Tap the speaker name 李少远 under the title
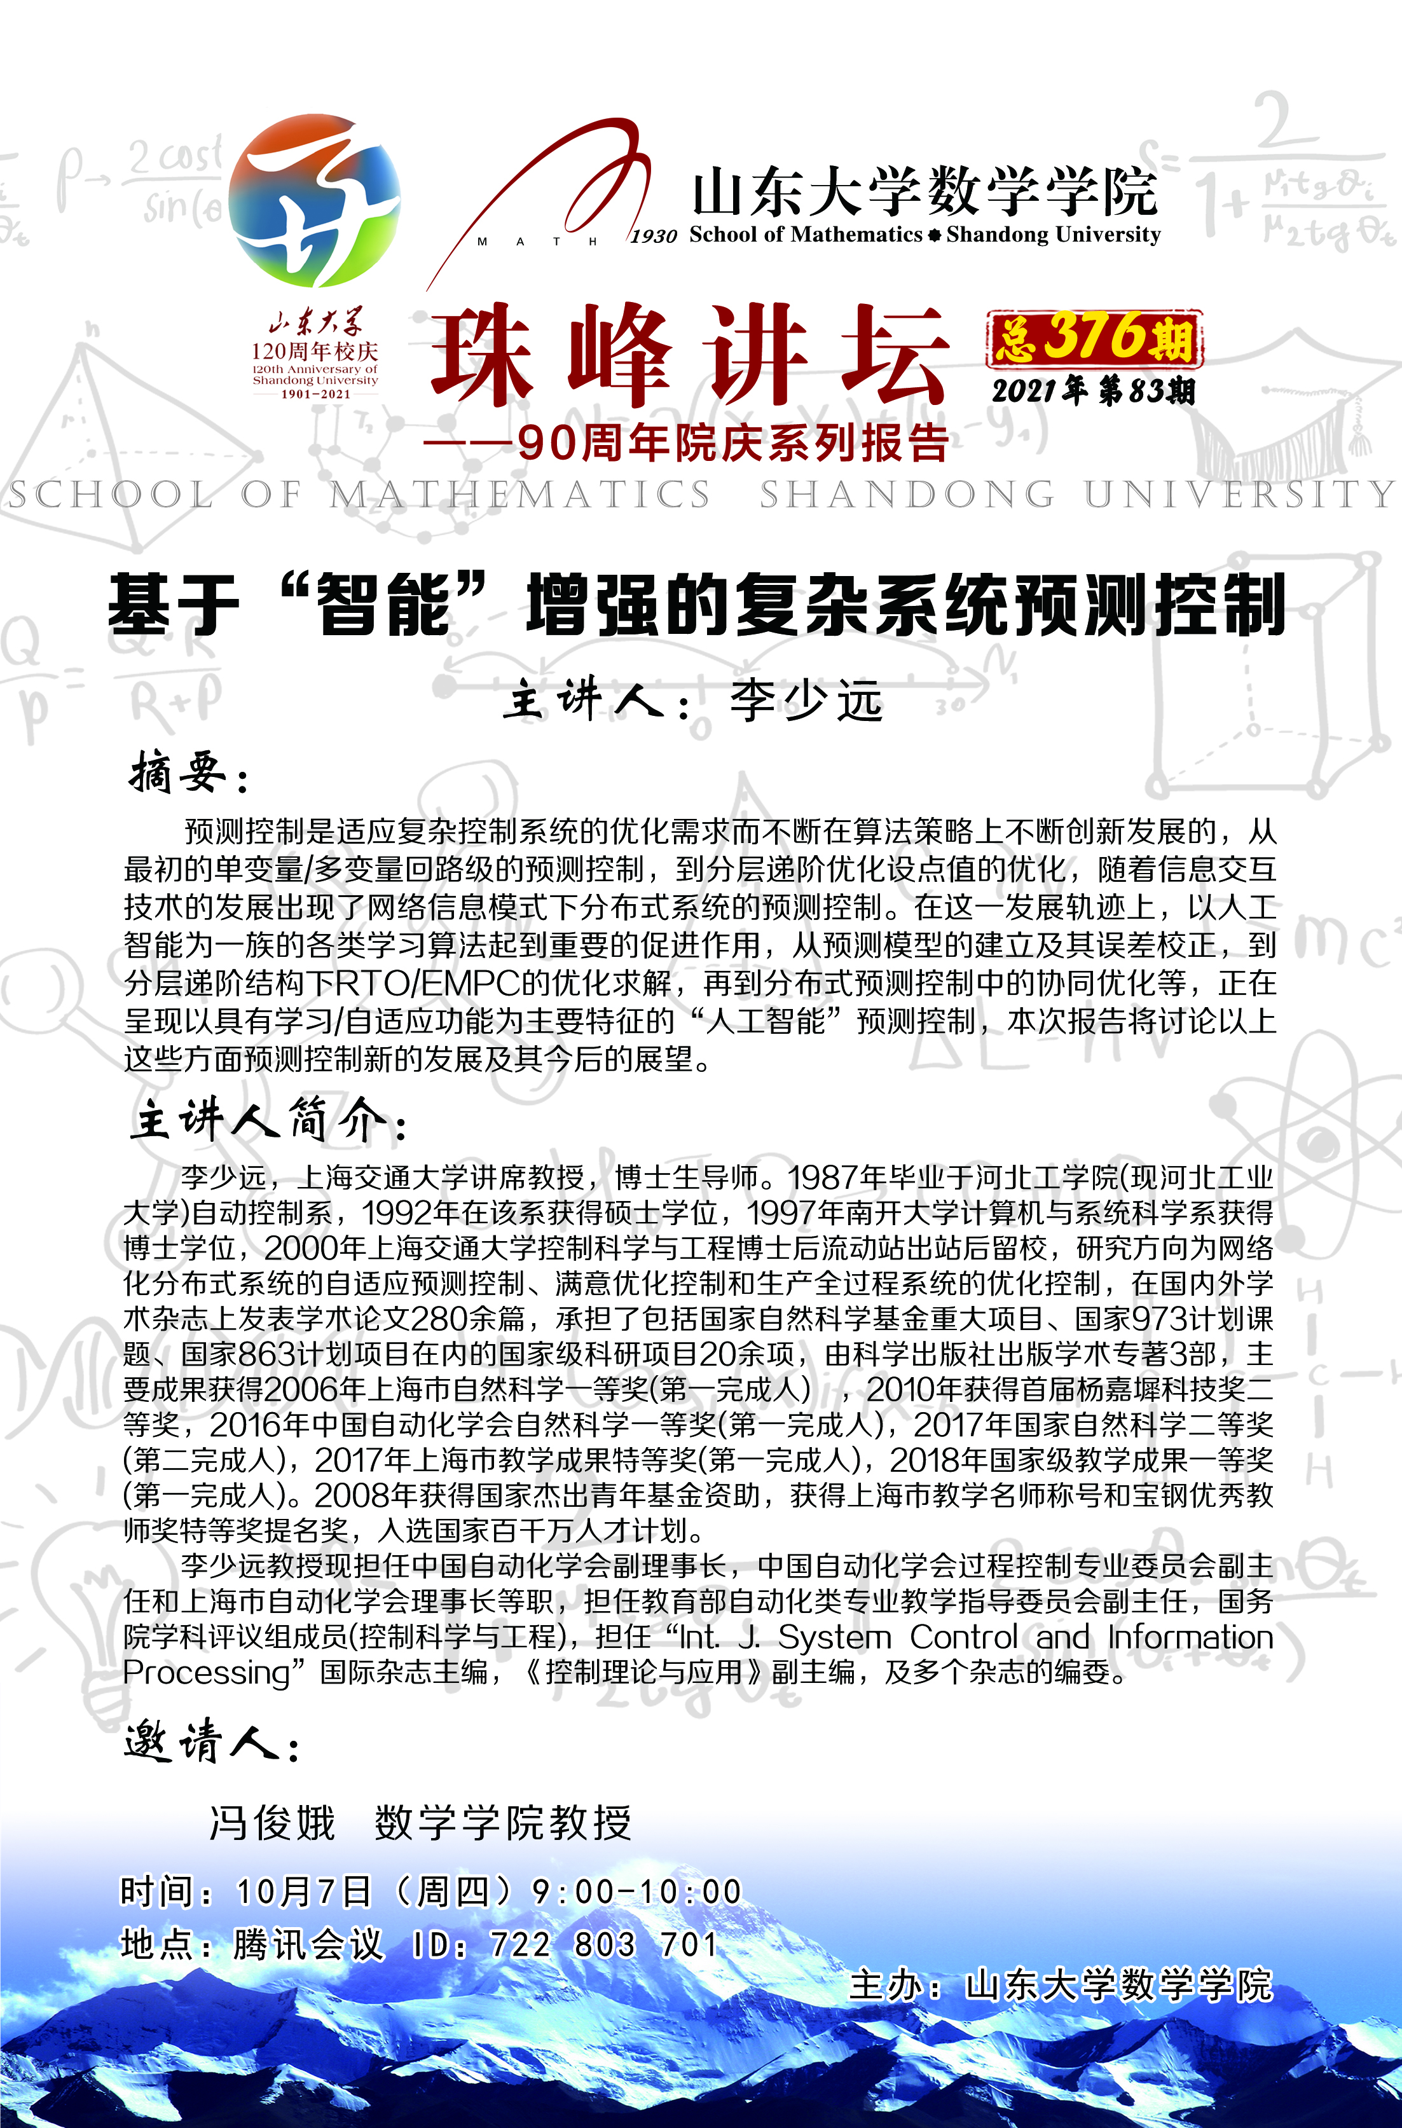tap(806, 699)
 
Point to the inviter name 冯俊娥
tap(273, 1822)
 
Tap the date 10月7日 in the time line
tap(304, 1891)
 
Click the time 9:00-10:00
tap(636, 1891)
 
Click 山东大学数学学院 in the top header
tap(924, 191)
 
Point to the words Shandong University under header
tap(1054, 234)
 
